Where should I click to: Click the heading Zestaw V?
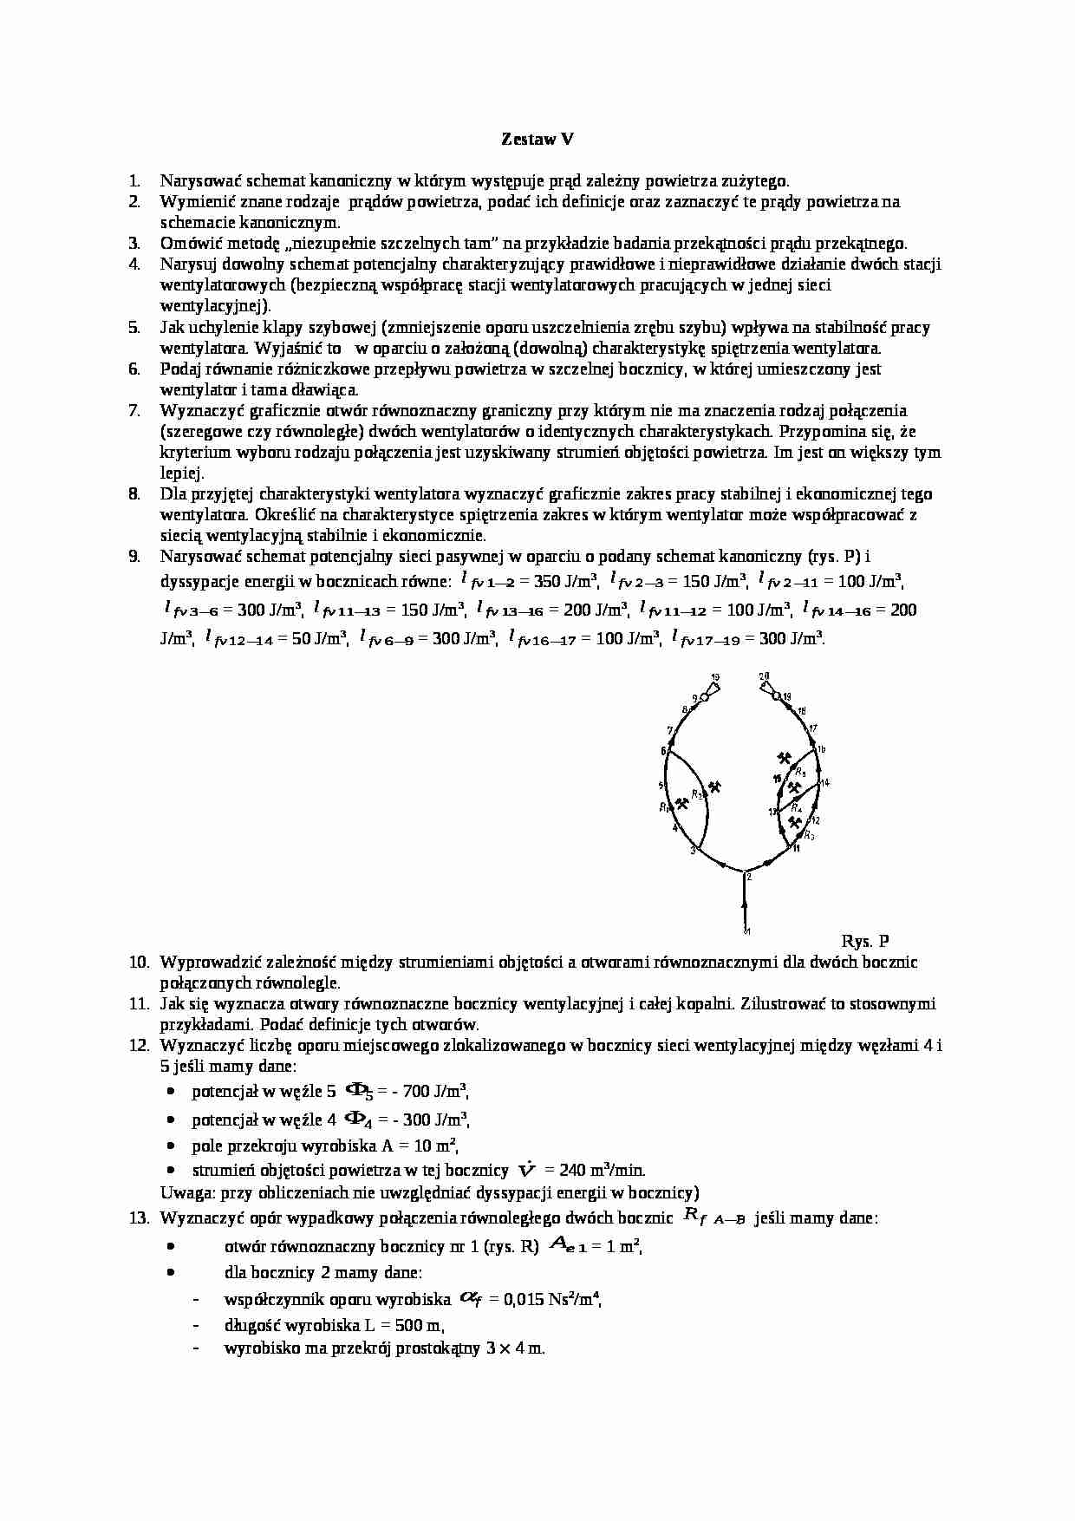coord(537,139)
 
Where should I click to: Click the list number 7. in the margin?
coord(134,410)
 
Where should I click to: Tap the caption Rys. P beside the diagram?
coord(864,941)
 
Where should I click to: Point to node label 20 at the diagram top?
coord(764,676)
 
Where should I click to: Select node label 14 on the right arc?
coord(824,783)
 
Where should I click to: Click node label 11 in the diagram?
coord(796,849)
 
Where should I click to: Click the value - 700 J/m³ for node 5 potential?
coord(429,1092)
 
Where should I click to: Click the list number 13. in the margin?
coord(139,1218)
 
